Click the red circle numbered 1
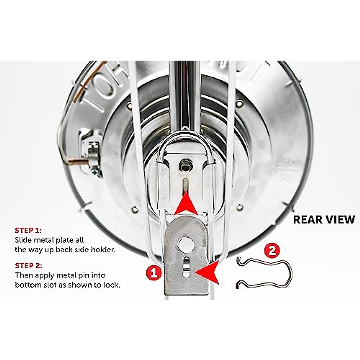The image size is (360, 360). [x=154, y=273]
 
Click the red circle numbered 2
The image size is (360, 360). [x=272, y=250]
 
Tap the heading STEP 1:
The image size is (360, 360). [x=28, y=230]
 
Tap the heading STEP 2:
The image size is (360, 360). [x=28, y=265]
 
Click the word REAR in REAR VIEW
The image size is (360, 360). [x=307, y=220]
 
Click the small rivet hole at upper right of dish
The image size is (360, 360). [x=239, y=103]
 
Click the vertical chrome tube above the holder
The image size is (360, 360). [x=183, y=96]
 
